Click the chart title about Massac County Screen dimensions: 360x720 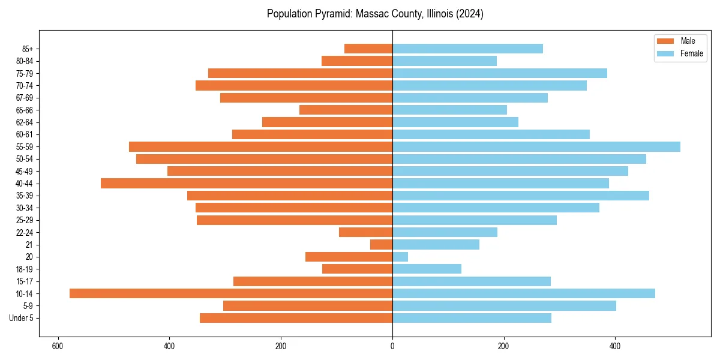375,14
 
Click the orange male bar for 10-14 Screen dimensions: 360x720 231,293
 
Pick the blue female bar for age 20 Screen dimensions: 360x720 400,257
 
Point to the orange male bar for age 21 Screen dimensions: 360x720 382,244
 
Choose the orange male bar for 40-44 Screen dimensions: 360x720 247,183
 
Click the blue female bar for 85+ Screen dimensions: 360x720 467,49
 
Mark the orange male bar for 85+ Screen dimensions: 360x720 368,49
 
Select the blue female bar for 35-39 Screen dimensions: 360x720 520,196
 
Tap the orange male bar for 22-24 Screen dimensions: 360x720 366,232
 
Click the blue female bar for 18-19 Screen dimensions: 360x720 427,269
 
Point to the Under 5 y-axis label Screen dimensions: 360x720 22,318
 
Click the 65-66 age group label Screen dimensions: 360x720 25,110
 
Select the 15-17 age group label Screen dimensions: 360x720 25,281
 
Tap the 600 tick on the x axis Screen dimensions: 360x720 58,346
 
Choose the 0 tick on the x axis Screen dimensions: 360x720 392,346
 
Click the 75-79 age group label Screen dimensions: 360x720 25,73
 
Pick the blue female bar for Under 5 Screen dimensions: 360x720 472,318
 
